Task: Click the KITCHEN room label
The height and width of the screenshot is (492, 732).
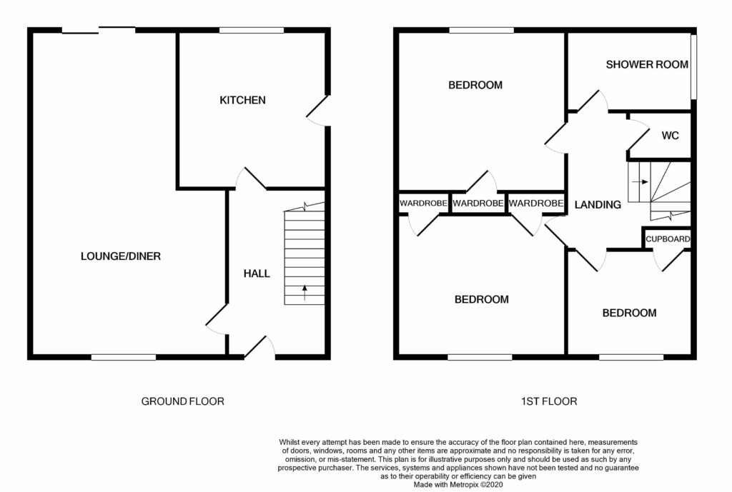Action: coord(242,100)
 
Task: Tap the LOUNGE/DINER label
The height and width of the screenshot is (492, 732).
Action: coord(120,256)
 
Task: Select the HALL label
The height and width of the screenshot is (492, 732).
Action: coord(257,273)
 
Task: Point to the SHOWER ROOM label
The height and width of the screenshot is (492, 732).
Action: coord(647,64)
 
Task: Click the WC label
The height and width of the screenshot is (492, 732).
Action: coord(670,136)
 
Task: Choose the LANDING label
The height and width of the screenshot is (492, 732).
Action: coord(598,204)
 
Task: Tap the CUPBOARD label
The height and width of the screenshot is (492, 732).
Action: coord(668,239)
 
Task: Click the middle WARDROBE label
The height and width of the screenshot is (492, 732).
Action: coord(478,204)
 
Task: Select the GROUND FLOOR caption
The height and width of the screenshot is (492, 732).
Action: coord(182,401)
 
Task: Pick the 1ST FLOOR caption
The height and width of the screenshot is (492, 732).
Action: coord(549,401)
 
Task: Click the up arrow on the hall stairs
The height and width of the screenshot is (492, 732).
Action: coord(305,292)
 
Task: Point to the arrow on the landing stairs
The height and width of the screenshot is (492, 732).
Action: coord(640,182)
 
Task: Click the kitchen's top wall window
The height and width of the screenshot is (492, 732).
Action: coord(252,30)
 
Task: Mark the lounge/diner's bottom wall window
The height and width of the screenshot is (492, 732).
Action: coord(123,357)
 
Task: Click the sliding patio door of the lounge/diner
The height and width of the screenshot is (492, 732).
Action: coord(99,30)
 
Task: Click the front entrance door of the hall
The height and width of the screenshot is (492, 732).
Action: coord(259,348)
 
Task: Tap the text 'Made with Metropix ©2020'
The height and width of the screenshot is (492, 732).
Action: coord(458,485)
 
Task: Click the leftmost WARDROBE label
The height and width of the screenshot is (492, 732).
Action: coord(423,204)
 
